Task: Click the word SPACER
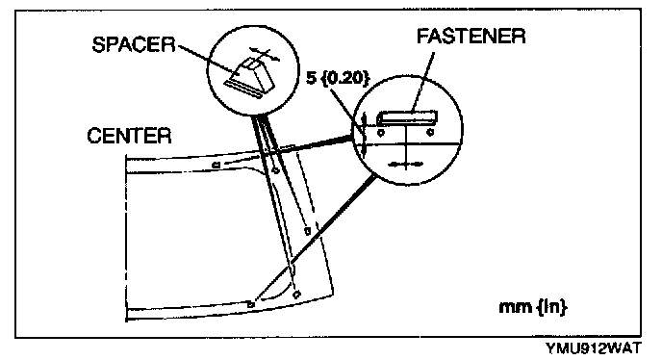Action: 134,44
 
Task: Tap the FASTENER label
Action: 471,36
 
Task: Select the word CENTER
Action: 129,136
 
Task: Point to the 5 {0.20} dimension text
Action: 338,77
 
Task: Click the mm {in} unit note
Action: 533,307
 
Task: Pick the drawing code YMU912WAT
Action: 593,348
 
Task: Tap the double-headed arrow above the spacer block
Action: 265,53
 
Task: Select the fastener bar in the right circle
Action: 407,117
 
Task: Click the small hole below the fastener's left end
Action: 381,133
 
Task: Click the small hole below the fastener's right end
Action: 430,132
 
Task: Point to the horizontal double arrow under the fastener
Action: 405,164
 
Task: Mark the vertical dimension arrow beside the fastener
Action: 364,135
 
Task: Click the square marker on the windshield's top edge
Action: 216,165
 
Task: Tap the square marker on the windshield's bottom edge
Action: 251,304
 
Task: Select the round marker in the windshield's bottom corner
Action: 296,294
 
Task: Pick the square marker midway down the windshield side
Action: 308,231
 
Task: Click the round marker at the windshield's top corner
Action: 275,170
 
